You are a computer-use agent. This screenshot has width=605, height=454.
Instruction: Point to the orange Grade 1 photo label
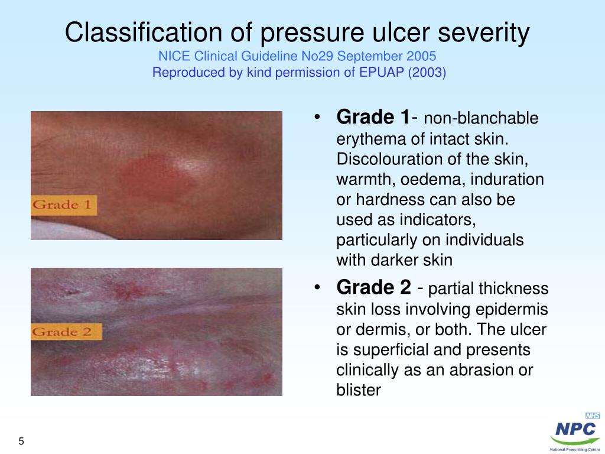pyautogui.click(x=63, y=205)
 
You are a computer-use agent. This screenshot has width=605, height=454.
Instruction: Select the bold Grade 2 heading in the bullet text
pyautogui.click(x=373, y=288)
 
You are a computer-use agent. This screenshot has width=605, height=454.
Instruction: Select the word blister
pyautogui.click(x=359, y=390)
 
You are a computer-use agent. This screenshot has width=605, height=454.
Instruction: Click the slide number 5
pyautogui.click(x=22, y=442)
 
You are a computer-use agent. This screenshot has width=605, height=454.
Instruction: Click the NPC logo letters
pyautogui.click(x=575, y=430)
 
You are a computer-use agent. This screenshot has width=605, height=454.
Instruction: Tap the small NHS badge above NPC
pyautogui.click(x=593, y=416)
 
